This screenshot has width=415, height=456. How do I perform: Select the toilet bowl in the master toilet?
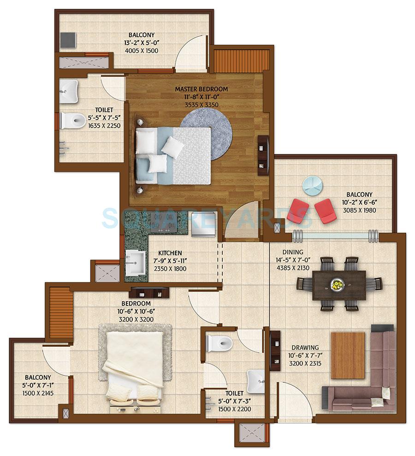pos(73,120)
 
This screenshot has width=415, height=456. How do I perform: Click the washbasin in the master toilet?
pos(69,90)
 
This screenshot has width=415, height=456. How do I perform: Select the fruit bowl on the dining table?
pos(337,285)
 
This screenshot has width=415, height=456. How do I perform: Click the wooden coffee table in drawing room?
pos(348,355)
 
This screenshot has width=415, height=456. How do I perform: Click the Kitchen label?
pos(170,253)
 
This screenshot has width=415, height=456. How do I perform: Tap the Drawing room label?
pos(304,347)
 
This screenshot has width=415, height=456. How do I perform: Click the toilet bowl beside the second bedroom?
pos(219,343)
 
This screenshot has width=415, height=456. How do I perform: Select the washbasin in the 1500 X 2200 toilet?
pos(255,380)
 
